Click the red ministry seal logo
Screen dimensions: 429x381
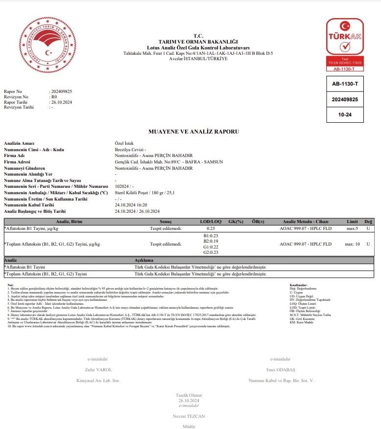48,45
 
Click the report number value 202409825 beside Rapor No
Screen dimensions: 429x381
62,91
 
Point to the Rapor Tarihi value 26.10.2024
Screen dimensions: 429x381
62,102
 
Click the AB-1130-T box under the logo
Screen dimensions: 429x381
345,84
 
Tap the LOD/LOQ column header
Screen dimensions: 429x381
211,222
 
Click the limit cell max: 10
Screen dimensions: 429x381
353,244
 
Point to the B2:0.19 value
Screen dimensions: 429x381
211,241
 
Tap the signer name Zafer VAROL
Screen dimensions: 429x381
98,370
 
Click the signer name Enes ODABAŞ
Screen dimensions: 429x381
281,370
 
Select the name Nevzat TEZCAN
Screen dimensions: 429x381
189,416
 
